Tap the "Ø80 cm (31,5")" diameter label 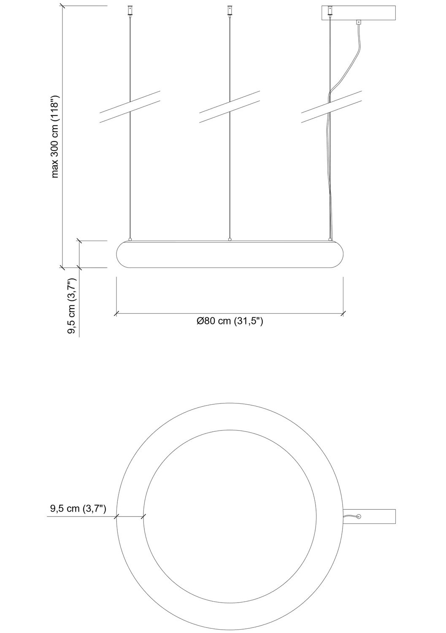[x=230, y=321]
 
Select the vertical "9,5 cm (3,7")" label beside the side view [x=72, y=306]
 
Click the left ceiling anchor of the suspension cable [x=130, y=10]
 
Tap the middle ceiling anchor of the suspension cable [x=230, y=10]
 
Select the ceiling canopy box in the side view [x=359, y=13]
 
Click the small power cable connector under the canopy [x=359, y=22]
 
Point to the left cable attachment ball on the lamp [x=130, y=239]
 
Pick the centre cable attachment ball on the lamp [x=230, y=239]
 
